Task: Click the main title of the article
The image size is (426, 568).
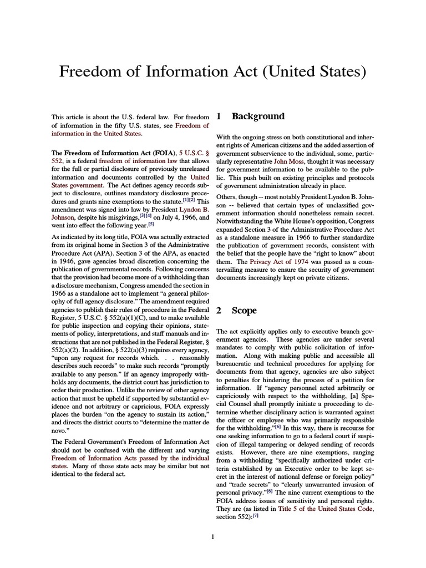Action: coord(213,72)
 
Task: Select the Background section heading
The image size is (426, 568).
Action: coord(258,116)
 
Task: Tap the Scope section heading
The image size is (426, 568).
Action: coord(244,311)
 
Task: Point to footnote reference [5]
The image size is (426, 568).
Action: coord(151,224)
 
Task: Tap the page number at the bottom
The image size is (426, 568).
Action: coord(213,536)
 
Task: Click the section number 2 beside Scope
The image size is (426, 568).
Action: coord(219,311)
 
